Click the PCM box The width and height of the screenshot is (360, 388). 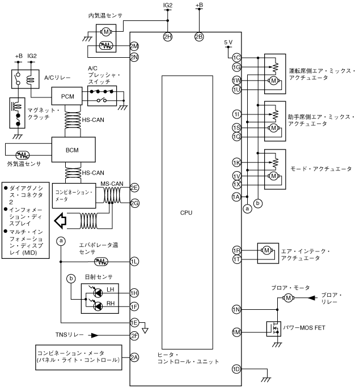click(x=67, y=96)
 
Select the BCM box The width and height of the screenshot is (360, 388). click(x=74, y=150)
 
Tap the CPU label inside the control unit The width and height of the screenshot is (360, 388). click(x=186, y=212)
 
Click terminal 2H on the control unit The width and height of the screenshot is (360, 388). click(x=168, y=37)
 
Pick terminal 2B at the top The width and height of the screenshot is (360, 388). click(x=199, y=37)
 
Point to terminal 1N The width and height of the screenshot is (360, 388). click(x=236, y=310)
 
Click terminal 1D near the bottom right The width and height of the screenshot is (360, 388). click(x=236, y=369)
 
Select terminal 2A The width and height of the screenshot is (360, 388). click(x=134, y=357)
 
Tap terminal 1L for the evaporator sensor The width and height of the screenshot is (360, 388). click(x=134, y=262)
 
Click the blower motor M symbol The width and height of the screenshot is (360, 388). click(x=288, y=298)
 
